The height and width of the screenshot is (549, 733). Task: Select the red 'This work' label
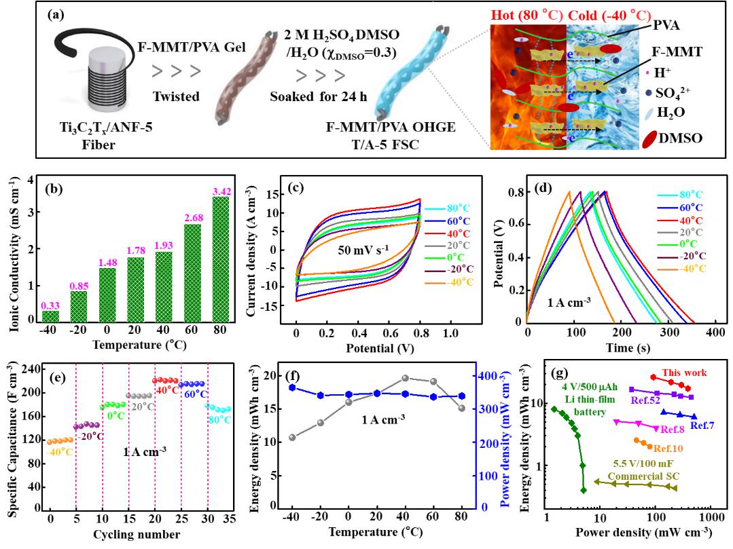tap(685, 373)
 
